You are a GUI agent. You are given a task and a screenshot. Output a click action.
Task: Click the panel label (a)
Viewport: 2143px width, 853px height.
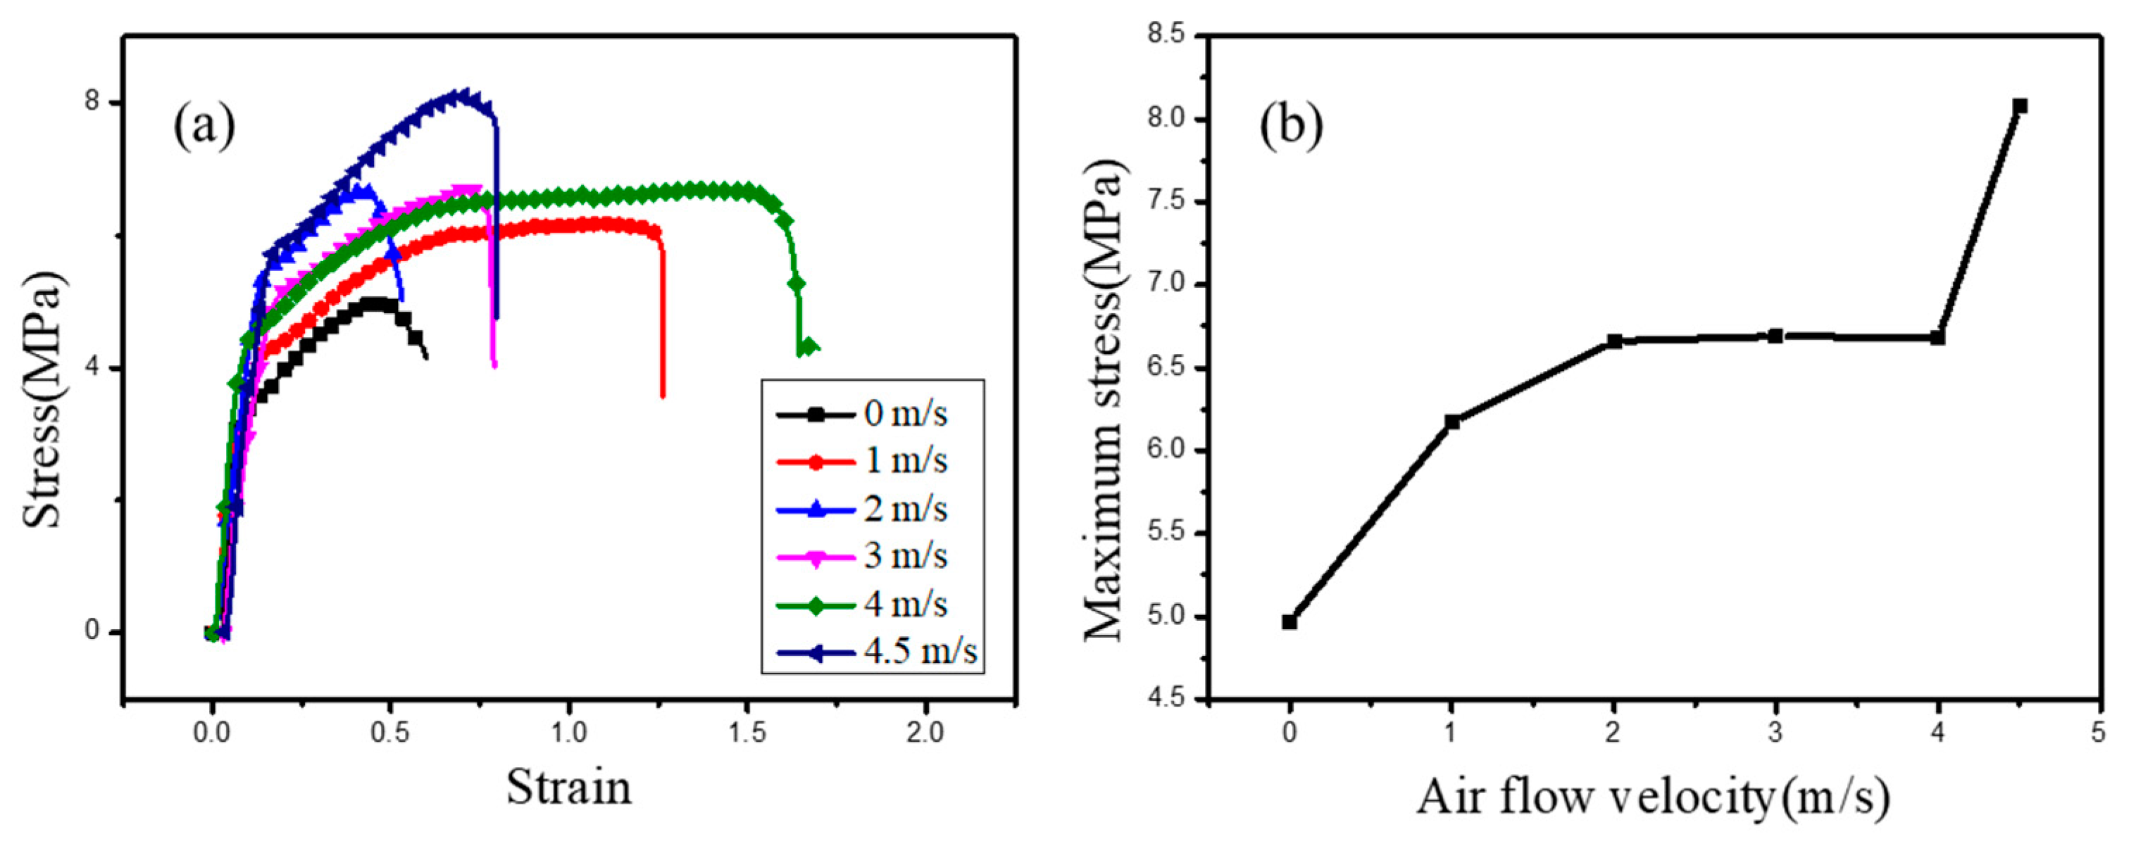click(204, 127)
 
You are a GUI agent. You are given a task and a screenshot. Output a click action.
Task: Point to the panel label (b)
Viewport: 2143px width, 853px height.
click(1290, 127)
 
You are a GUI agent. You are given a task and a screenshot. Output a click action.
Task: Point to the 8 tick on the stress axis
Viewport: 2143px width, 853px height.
click(92, 102)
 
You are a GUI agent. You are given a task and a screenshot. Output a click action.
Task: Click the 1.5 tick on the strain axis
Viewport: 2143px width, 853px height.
click(746, 733)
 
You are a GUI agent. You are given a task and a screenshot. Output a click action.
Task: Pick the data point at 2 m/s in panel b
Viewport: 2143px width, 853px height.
click(1614, 341)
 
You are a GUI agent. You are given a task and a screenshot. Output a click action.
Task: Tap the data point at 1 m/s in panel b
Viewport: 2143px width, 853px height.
click(1451, 422)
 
